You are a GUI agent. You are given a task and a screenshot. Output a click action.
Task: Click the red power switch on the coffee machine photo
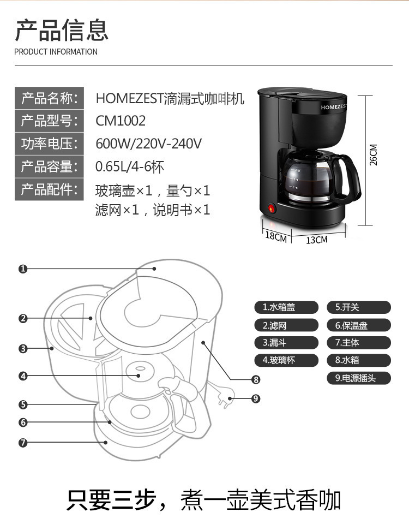271,209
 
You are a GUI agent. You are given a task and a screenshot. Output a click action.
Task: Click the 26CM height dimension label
374,155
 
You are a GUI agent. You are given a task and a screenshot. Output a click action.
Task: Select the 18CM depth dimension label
276,237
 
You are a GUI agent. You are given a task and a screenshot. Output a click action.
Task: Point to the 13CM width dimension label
317,240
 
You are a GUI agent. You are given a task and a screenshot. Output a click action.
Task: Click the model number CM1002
121,120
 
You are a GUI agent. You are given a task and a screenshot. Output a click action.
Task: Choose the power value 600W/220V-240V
149,144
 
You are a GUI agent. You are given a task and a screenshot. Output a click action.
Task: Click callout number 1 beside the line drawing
23,269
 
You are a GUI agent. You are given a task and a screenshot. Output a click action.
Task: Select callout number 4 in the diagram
23,376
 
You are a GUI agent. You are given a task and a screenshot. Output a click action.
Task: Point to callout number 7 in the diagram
23,443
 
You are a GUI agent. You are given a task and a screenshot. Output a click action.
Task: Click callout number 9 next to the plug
256,398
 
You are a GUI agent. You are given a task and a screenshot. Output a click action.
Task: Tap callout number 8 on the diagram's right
256,380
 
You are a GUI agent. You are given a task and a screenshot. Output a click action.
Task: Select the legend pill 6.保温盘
359,325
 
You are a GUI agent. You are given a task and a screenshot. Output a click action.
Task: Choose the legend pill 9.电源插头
359,378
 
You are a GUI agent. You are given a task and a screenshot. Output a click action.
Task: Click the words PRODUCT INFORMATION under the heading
56,52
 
